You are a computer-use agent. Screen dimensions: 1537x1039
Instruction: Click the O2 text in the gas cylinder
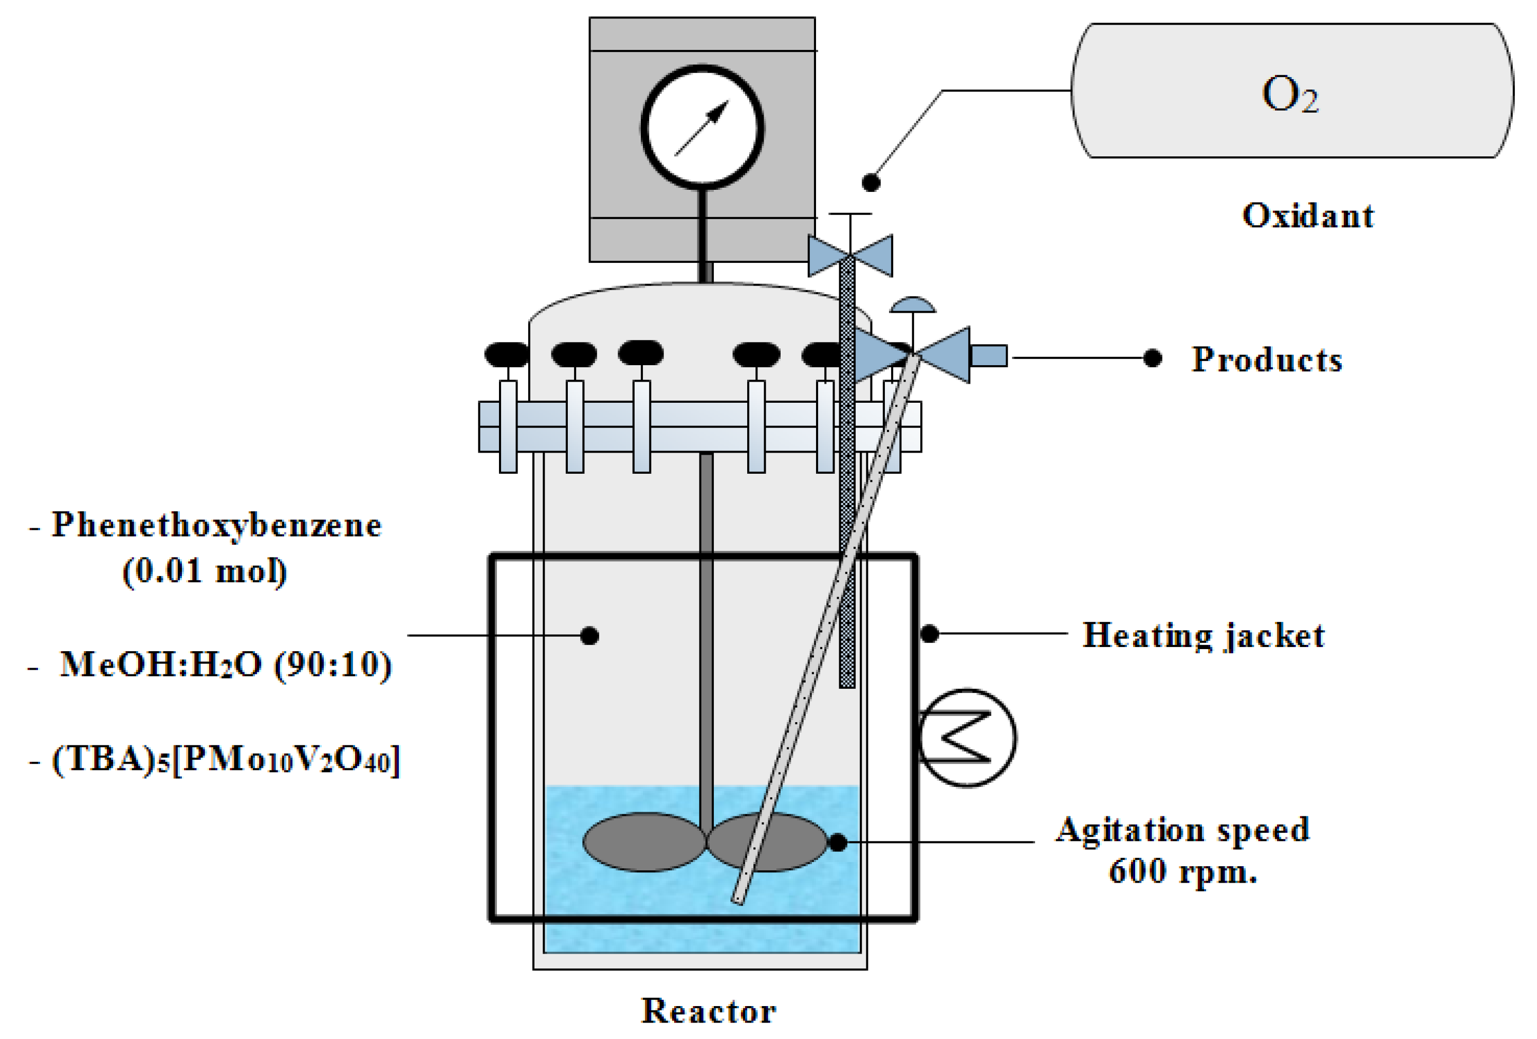(1290, 95)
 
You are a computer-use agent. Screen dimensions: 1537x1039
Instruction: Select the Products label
(1267, 360)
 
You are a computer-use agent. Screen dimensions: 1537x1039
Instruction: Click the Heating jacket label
(1203, 635)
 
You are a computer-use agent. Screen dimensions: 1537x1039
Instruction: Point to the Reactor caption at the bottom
(709, 1011)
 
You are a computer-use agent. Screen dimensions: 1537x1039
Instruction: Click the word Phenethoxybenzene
(217, 526)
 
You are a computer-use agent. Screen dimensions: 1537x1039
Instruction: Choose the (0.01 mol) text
(205, 571)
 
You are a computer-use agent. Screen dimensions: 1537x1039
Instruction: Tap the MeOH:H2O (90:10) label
(226, 665)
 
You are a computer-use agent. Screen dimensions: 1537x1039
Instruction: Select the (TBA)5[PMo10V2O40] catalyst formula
(226, 760)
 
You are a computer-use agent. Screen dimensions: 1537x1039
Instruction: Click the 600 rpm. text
(1182, 871)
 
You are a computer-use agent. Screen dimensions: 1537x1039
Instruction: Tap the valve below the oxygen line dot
(850, 255)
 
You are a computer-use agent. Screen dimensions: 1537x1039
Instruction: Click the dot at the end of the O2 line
(871, 183)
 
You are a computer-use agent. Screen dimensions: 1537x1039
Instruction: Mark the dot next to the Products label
(1153, 358)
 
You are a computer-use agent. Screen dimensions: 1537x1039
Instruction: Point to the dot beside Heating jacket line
(929, 634)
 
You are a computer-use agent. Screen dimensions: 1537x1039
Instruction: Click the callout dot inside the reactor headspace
(589, 636)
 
